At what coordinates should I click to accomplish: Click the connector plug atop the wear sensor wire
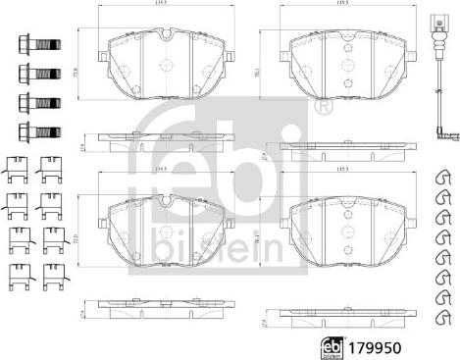pyautogui.click(x=435, y=19)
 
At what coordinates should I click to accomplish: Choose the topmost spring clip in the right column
pyautogui.click(x=442, y=177)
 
